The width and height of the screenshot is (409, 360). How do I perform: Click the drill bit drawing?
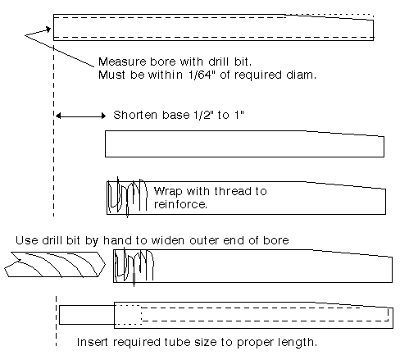click(x=55, y=264)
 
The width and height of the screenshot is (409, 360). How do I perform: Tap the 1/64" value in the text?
click(x=201, y=75)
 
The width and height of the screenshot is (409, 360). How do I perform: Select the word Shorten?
click(x=135, y=115)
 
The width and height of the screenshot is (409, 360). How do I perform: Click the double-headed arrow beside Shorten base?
click(x=80, y=116)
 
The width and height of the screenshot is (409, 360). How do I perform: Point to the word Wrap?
click(x=168, y=191)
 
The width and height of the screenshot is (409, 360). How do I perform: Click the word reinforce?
click(x=180, y=204)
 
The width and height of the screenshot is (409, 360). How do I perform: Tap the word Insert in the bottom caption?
click(x=93, y=342)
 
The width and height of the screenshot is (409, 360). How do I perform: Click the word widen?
click(x=167, y=240)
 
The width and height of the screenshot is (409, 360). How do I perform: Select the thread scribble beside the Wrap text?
click(x=127, y=196)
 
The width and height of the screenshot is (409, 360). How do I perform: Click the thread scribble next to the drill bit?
click(x=134, y=266)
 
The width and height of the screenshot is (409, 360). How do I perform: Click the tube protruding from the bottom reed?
click(x=87, y=315)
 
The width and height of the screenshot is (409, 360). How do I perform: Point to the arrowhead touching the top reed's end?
click(x=48, y=29)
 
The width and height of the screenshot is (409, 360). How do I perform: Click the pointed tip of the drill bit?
click(x=105, y=264)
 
